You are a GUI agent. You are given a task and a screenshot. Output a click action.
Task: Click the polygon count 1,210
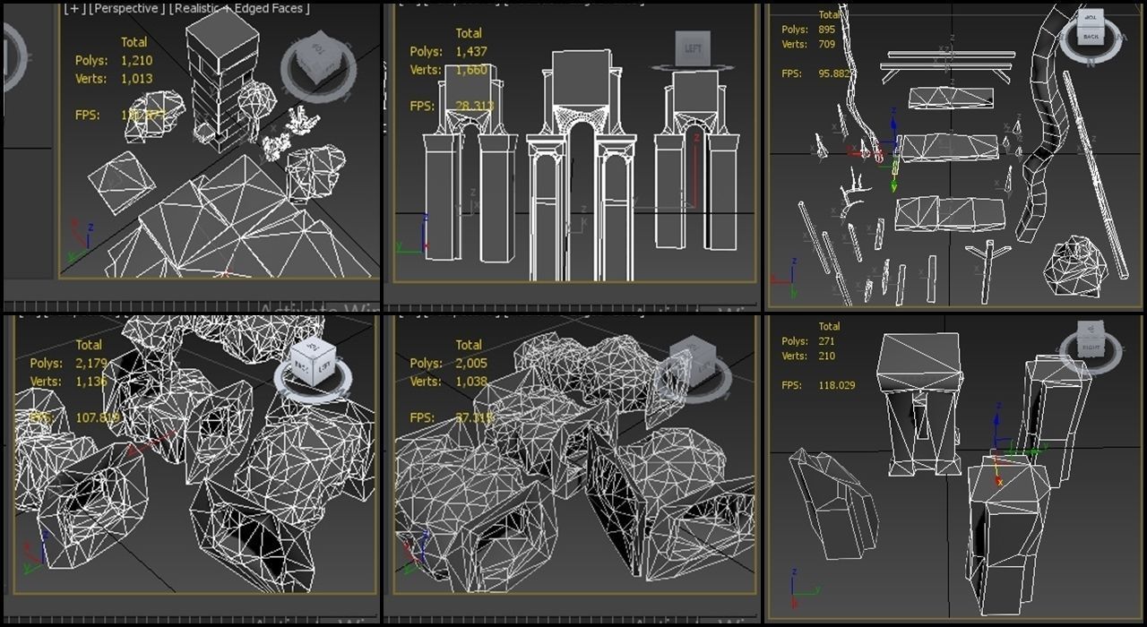(x=136, y=61)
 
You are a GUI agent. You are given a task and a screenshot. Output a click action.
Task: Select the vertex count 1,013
(x=136, y=79)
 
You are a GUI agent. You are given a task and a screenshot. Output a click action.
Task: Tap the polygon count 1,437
(x=470, y=52)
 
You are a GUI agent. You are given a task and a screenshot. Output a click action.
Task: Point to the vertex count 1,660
(x=470, y=70)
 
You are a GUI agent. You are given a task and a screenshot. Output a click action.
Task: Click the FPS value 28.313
(x=475, y=106)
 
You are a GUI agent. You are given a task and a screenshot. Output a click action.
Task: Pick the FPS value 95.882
(x=836, y=73)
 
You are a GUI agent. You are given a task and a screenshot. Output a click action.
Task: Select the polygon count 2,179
(x=91, y=364)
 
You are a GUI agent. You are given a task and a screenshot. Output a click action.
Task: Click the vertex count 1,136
(x=91, y=382)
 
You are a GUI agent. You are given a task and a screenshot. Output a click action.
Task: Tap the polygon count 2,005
(x=470, y=364)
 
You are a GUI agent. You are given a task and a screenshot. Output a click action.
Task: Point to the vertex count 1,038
(x=470, y=382)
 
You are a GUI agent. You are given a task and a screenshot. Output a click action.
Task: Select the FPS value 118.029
(x=837, y=385)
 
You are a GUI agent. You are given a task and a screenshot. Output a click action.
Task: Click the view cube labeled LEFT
(x=693, y=49)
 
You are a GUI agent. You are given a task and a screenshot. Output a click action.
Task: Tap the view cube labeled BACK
(x=1090, y=33)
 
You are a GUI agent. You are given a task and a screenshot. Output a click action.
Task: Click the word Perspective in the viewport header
(x=126, y=8)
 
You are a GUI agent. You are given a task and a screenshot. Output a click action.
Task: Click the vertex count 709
(x=826, y=44)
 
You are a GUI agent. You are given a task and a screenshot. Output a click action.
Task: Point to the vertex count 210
(x=826, y=356)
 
